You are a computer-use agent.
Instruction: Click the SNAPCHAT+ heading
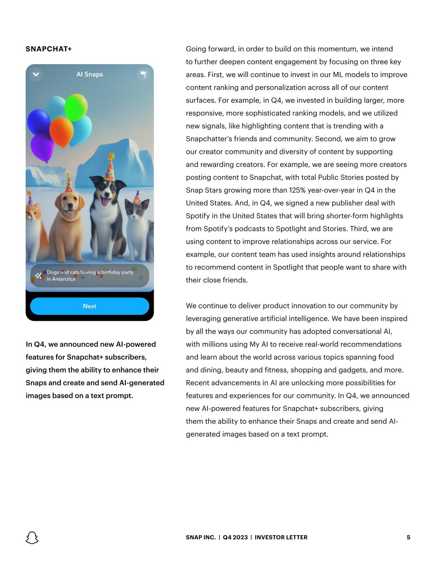[x=49, y=49]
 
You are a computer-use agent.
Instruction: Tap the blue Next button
[x=90, y=306]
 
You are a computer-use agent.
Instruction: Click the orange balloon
[x=62, y=131]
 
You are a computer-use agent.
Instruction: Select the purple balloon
[x=42, y=147]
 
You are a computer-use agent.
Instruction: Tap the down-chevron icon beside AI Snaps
[x=36, y=75]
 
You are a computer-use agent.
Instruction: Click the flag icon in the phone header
[x=143, y=75]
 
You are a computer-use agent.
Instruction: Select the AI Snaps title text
[x=90, y=75]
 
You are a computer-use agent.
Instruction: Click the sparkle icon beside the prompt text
[x=38, y=276]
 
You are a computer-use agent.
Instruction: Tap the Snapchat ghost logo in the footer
[x=32, y=537]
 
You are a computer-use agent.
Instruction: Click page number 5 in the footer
[x=408, y=537]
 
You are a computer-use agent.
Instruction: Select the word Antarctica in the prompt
[x=64, y=279]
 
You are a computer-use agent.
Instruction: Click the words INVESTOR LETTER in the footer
[x=281, y=537]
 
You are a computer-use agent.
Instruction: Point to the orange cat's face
[x=32, y=215]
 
